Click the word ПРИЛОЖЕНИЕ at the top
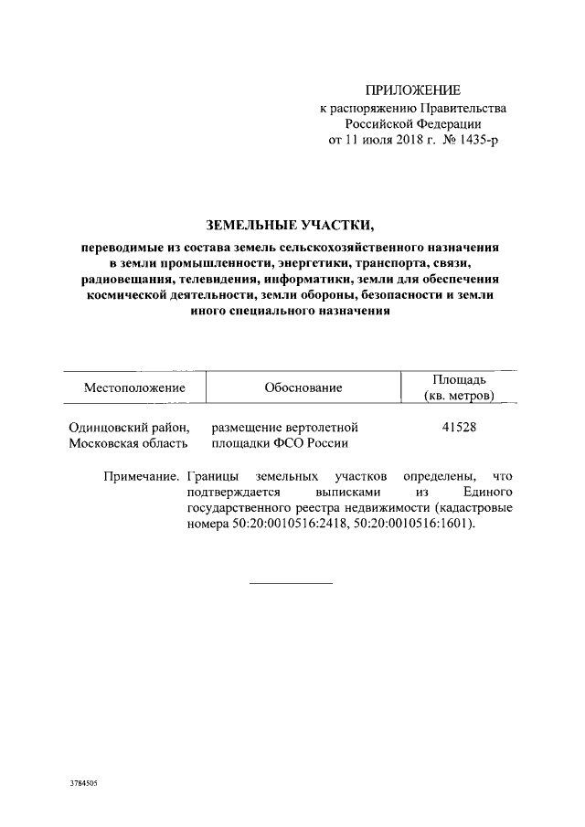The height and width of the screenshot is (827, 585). pyautogui.click(x=413, y=90)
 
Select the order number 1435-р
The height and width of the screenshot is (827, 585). pyautogui.click(x=477, y=140)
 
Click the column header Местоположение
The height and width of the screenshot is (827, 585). pyautogui.click(x=134, y=387)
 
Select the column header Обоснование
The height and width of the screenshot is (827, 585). pyautogui.click(x=303, y=387)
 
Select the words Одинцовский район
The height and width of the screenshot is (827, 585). pyautogui.click(x=129, y=427)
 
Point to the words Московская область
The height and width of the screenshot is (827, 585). pyautogui.click(x=129, y=443)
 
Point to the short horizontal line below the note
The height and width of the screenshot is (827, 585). pyautogui.click(x=291, y=582)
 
